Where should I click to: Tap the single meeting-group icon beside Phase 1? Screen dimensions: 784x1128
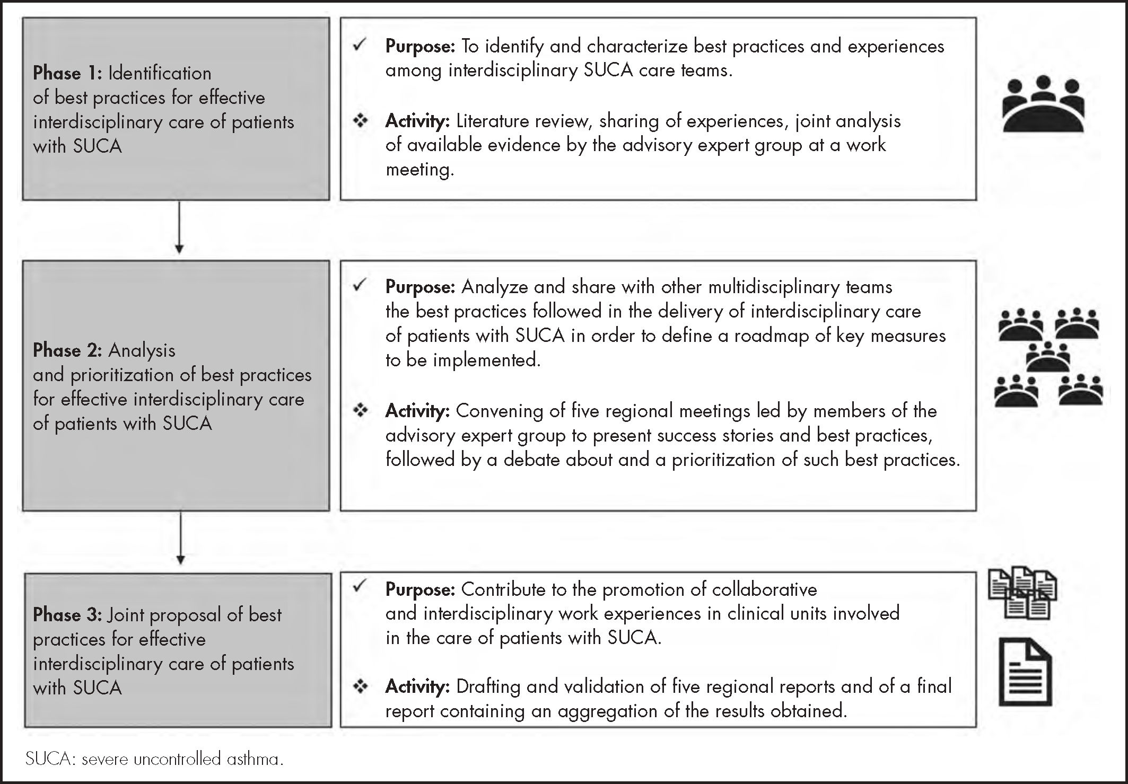click(1043, 104)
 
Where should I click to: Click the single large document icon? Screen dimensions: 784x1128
click(1025, 672)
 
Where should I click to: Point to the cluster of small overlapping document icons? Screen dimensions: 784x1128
click(1022, 594)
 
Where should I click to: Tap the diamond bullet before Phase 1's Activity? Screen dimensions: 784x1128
click(361, 121)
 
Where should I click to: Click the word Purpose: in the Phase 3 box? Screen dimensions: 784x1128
click(420, 589)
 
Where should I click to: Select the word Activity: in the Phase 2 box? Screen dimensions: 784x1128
click(417, 411)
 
